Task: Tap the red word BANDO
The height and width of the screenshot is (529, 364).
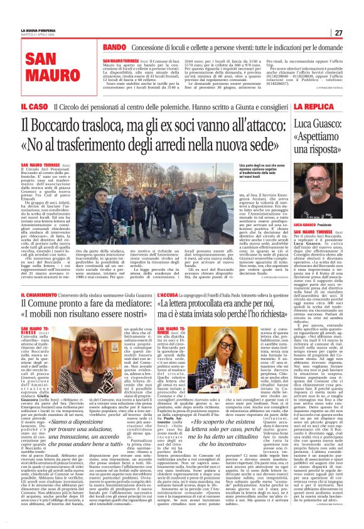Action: [x=115, y=47]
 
